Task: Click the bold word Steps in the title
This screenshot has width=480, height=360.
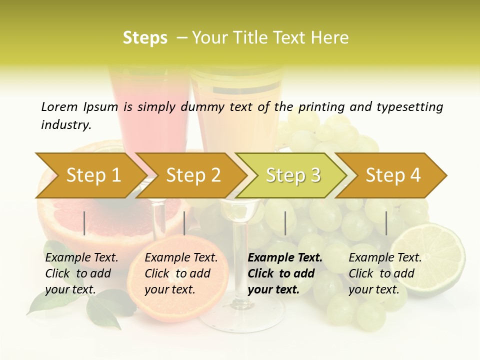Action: tap(145, 38)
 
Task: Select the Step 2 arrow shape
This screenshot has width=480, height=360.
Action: tap(193, 175)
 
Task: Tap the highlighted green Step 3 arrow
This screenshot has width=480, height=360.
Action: tap(293, 175)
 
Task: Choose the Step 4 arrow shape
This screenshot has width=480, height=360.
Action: tap(393, 175)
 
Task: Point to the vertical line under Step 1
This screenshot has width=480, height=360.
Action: tap(84, 223)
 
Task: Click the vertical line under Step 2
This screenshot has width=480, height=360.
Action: tap(184, 223)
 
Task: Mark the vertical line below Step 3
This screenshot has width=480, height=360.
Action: tap(285, 223)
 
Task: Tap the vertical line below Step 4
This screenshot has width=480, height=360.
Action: tap(386, 223)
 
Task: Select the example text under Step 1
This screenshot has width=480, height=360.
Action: tap(81, 273)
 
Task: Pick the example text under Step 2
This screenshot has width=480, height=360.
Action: tap(181, 273)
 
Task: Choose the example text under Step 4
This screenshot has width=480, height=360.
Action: tap(385, 273)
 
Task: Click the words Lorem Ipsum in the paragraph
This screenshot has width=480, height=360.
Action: tap(79, 106)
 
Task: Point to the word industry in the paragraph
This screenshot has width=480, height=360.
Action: tap(65, 124)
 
